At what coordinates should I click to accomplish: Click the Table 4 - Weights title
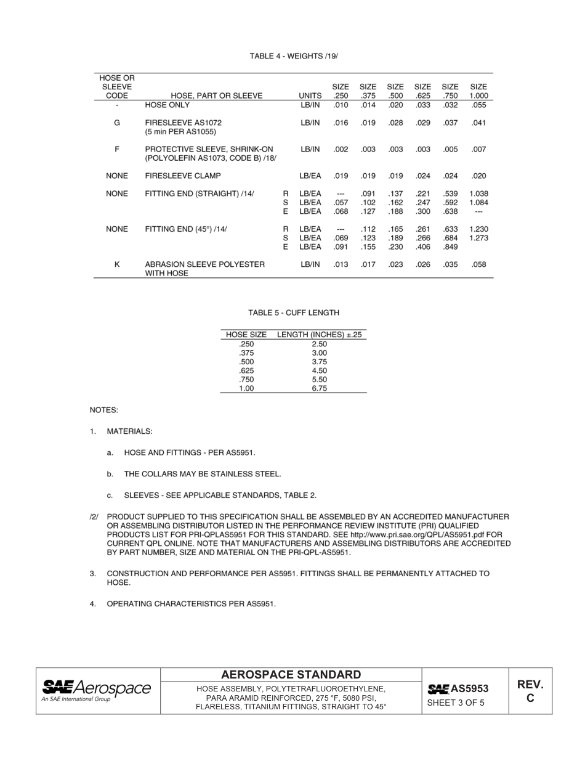pos(294,56)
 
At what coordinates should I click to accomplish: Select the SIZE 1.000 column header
pos(478,91)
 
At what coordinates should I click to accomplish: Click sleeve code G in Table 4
pos(117,123)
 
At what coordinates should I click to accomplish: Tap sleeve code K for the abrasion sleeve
pos(117,264)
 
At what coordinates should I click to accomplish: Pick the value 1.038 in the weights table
pos(478,194)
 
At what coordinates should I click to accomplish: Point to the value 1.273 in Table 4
pos(478,238)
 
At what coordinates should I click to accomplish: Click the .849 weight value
pos(451,247)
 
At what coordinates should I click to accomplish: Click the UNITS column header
pos(310,96)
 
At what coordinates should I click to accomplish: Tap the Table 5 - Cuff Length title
pos(294,313)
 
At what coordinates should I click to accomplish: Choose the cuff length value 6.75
pos(319,389)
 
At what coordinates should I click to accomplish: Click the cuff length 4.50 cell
pos(319,371)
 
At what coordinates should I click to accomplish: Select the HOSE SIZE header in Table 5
pos(246,335)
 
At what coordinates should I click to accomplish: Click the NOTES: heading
pos(103,410)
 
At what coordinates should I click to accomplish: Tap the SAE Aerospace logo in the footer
pos(97,690)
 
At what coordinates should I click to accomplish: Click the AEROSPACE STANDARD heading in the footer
pos(291,675)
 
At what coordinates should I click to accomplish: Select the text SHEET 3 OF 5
pos(456,703)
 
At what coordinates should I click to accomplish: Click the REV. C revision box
pos(530,691)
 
